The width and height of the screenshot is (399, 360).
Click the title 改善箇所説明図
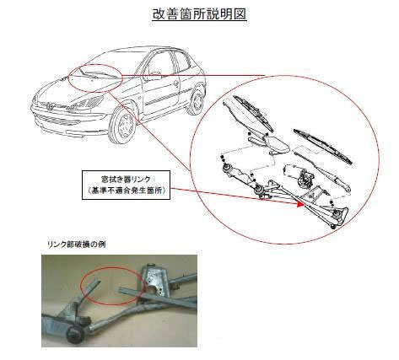(199, 14)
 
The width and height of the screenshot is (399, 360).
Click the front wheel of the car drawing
(122, 126)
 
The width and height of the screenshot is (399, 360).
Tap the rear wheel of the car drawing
(197, 100)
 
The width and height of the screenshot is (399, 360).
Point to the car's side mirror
(154, 75)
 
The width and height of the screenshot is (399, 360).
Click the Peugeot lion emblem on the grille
(50, 106)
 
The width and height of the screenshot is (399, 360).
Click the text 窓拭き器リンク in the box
(126, 180)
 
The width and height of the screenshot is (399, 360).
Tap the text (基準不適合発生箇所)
(126, 191)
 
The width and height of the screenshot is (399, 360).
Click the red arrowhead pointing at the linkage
(301, 205)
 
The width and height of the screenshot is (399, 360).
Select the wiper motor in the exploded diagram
(299, 175)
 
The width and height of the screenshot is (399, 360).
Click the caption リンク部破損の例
(76, 244)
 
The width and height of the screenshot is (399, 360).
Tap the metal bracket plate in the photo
(155, 281)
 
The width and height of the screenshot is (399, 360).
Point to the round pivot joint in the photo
(75, 336)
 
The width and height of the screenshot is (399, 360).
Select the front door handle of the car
(175, 83)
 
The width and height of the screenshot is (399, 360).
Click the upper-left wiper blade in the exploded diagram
(254, 114)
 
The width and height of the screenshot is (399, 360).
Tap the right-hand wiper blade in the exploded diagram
(323, 147)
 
